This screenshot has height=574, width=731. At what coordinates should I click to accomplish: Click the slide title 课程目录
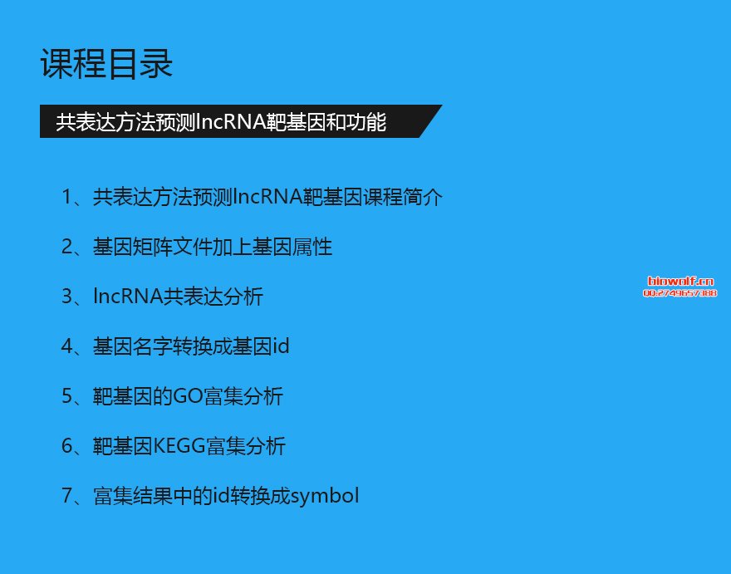click(x=107, y=63)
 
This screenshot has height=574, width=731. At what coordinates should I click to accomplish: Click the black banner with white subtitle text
click(x=241, y=121)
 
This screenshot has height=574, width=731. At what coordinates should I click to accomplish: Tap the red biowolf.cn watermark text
click(x=680, y=281)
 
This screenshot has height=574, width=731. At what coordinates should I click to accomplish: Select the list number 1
click(x=67, y=197)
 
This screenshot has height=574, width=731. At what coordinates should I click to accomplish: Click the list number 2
click(x=67, y=247)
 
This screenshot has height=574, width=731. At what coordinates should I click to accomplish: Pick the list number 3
click(x=67, y=297)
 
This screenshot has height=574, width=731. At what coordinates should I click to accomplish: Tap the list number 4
click(x=67, y=346)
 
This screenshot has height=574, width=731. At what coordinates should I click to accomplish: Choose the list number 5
click(x=67, y=396)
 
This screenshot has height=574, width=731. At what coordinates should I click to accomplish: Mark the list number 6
click(x=67, y=446)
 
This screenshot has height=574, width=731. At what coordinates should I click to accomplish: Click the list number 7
click(x=67, y=496)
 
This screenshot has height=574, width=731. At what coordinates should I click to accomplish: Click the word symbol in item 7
click(x=325, y=497)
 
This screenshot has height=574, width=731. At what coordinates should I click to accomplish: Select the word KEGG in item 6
click(x=179, y=446)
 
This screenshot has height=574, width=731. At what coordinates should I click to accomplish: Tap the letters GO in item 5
click(x=188, y=396)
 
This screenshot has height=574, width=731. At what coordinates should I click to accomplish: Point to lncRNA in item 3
click(x=128, y=297)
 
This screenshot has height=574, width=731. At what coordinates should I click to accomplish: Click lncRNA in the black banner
click(x=230, y=122)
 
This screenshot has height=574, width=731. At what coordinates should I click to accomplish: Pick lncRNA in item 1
click(x=267, y=197)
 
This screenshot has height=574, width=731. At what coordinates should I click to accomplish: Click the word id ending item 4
click(x=281, y=346)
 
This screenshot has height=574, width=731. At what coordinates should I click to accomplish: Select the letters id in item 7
click(x=221, y=496)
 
